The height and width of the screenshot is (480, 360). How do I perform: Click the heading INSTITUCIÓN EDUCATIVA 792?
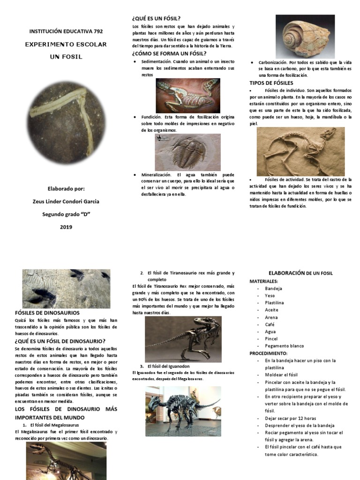(66, 31)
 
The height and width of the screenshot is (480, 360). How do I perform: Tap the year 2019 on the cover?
(66, 227)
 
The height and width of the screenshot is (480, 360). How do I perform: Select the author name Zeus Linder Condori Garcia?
(66, 202)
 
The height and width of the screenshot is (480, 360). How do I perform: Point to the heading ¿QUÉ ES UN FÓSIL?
(157, 18)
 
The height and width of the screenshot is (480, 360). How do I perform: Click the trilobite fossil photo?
(187, 152)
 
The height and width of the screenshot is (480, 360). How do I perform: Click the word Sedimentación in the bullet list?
(156, 61)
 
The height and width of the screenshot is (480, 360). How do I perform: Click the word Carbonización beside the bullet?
(272, 62)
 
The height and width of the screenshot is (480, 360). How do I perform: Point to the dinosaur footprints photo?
(66, 288)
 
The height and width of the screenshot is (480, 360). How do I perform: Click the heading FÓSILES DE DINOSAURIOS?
(47, 313)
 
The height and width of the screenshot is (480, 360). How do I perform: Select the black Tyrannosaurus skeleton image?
(183, 338)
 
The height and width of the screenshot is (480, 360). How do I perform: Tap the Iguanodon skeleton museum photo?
(183, 411)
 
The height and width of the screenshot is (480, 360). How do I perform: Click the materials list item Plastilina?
(274, 303)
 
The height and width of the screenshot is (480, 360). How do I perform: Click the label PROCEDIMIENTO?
(268, 353)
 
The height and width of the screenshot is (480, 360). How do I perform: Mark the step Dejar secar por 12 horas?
(290, 418)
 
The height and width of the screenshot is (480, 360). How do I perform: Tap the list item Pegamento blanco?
(284, 346)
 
